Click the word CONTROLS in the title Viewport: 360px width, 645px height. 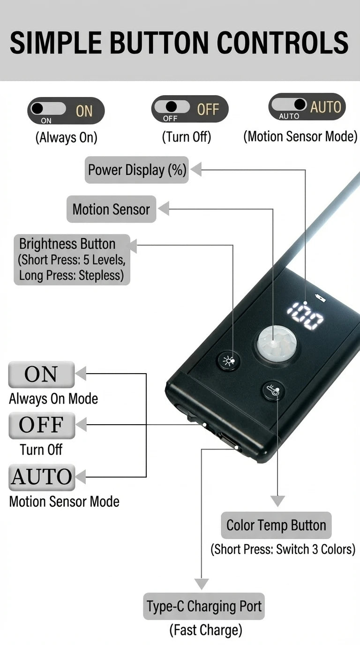click(x=283, y=43)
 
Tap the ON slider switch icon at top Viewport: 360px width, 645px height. click(x=66, y=111)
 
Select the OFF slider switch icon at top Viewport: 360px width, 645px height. click(x=190, y=109)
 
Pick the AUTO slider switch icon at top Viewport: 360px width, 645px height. click(x=307, y=106)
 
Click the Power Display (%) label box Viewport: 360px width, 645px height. click(x=137, y=170)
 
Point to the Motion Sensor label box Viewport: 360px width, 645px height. click(x=112, y=209)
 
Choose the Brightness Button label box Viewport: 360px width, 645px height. click(x=72, y=260)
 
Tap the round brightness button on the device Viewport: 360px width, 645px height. click(x=229, y=360)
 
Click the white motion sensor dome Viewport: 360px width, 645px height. click(x=276, y=343)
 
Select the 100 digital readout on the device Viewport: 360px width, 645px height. click(x=305, y=315)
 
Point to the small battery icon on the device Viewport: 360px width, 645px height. click(x=320, y=298)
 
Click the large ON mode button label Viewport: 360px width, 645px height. click(x=41, y=375)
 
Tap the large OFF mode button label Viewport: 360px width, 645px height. click(x=42, y=425)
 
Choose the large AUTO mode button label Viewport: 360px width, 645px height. click(x=42, y=477)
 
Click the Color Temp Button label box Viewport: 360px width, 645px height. click(x=276, y=525)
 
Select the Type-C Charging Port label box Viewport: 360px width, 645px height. click(x=204, y=606)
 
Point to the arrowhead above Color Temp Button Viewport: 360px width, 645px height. click(x=277, y=501)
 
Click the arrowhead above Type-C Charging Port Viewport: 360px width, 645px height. click(x=201, y=584)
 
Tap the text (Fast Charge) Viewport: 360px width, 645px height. click(x=206, y=630)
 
